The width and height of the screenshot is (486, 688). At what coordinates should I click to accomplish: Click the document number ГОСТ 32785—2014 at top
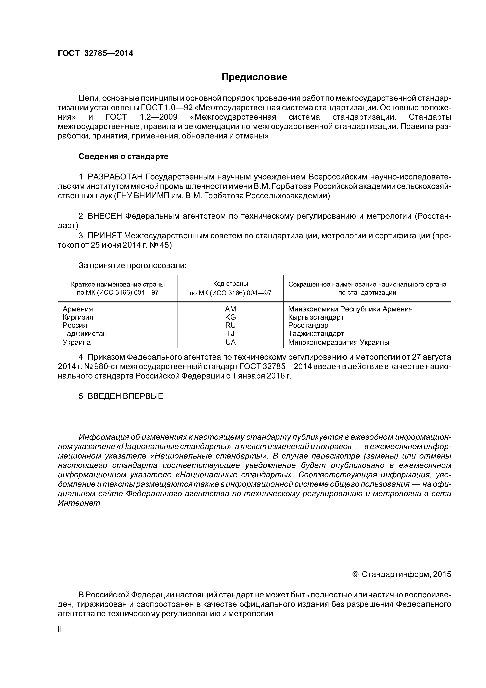coord(95,53)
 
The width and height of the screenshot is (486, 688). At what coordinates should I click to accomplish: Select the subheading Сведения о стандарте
coord(123,157)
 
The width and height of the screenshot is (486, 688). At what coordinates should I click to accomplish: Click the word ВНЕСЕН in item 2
coord(105,216)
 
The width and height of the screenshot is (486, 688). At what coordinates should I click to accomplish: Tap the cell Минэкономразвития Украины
coord(338,342)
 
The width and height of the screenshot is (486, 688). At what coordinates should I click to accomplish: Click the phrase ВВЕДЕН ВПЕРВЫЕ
coord(125,396)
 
